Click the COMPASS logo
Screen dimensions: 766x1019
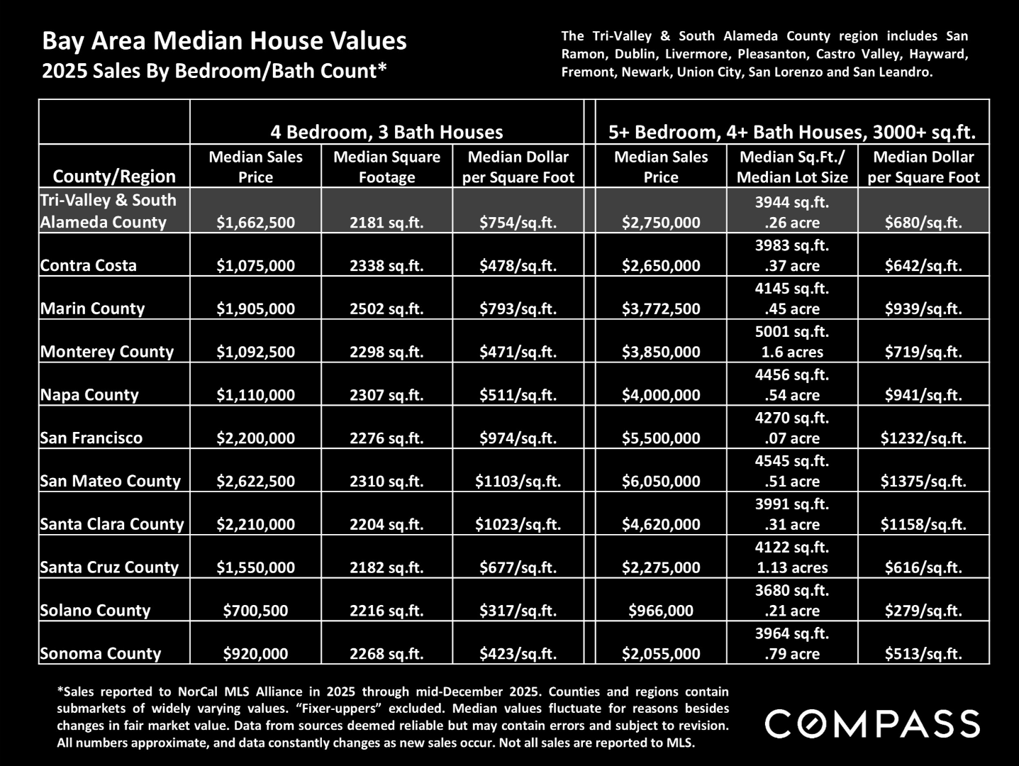coord(873,723)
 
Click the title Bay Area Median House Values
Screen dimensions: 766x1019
coord(224,40)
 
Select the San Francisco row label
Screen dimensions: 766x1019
coord(91,438)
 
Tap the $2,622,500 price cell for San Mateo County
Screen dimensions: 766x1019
coord(255,481)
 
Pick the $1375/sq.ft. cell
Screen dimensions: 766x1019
coord(923,481)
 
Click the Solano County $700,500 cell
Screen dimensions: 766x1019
coord(255,611)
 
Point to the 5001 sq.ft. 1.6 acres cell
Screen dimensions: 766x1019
coord(792,342)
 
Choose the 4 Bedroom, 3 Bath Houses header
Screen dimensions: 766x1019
coord(386,132)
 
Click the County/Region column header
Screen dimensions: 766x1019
coord(114,176)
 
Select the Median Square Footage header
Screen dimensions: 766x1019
coord(386,167)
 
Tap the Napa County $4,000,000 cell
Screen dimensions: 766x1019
coord(661,395)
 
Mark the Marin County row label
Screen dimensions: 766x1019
coord(92,309)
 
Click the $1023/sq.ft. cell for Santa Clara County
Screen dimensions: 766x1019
coord(518,524)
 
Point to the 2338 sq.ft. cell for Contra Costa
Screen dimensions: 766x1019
coord(386,265)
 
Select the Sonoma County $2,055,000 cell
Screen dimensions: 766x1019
coord(661,654)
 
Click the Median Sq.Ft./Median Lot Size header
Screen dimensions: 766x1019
coord(792,167)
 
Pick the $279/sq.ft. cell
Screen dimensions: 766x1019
coord(923,611)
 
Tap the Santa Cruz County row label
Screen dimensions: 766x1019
coord(109,567)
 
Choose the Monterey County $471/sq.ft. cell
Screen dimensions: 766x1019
coord(518,352)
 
